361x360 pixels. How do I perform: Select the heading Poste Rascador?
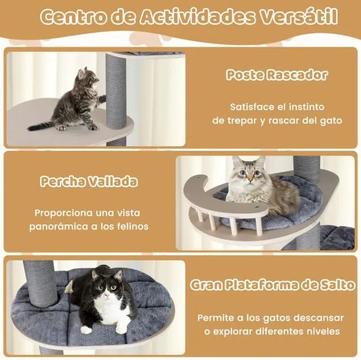coord(276,75)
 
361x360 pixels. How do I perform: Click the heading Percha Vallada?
coord(89,182)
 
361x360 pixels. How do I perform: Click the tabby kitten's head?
coord(87,78)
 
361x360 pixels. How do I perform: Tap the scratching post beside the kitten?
coord(115,92)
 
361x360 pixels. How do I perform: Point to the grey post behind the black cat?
coord(40,282)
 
